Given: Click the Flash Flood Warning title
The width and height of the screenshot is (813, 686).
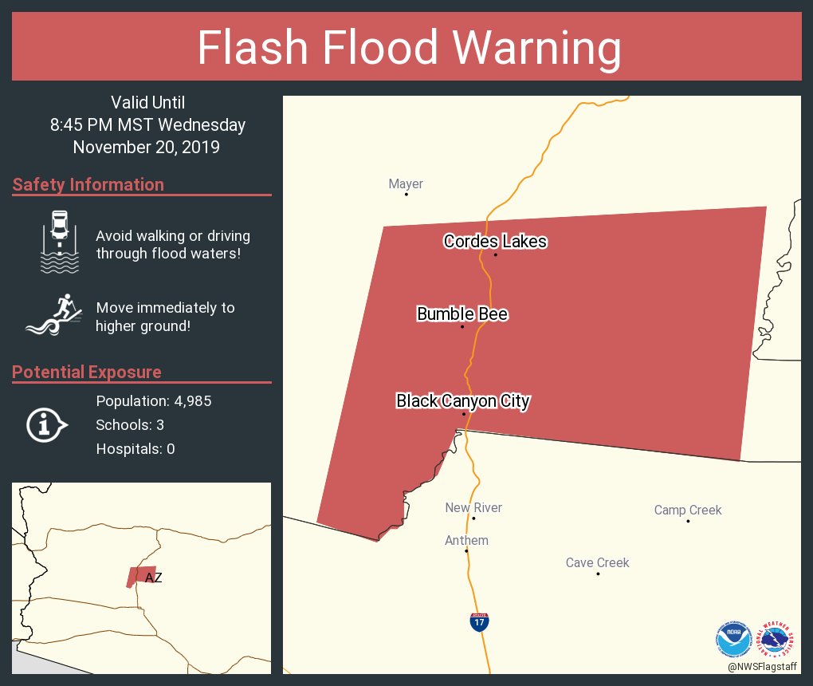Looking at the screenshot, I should point(409,48).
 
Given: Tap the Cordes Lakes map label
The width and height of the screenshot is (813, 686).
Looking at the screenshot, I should point(495,241).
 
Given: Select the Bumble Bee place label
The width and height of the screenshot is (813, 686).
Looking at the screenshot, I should point(462,314).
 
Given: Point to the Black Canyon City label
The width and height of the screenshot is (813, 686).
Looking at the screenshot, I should point(463,400).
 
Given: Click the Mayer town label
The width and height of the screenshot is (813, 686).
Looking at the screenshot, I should point(406,184).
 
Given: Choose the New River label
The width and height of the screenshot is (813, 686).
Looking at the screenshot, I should point(473,508).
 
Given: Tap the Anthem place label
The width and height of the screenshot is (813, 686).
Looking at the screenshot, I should point(466,541).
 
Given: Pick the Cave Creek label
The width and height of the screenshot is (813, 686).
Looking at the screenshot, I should point(597,563).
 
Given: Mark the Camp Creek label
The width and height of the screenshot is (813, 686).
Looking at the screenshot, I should point(688,511).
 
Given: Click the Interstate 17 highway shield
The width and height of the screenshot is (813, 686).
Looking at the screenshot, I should point(479,622).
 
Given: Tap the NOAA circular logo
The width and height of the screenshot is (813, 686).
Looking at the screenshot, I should point(734,638).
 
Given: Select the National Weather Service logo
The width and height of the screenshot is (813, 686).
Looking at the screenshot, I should point(777,638).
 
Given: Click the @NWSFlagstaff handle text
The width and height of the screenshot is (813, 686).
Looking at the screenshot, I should point(761,666).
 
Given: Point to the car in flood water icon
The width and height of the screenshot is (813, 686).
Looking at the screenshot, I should point(60,242).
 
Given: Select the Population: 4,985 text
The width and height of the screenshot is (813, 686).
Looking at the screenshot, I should point(153,400).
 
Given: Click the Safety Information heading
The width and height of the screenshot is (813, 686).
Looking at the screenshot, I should point(88,185).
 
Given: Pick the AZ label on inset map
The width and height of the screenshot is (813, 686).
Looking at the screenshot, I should point(153,578).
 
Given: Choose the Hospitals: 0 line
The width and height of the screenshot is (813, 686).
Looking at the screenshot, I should point(135,449).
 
